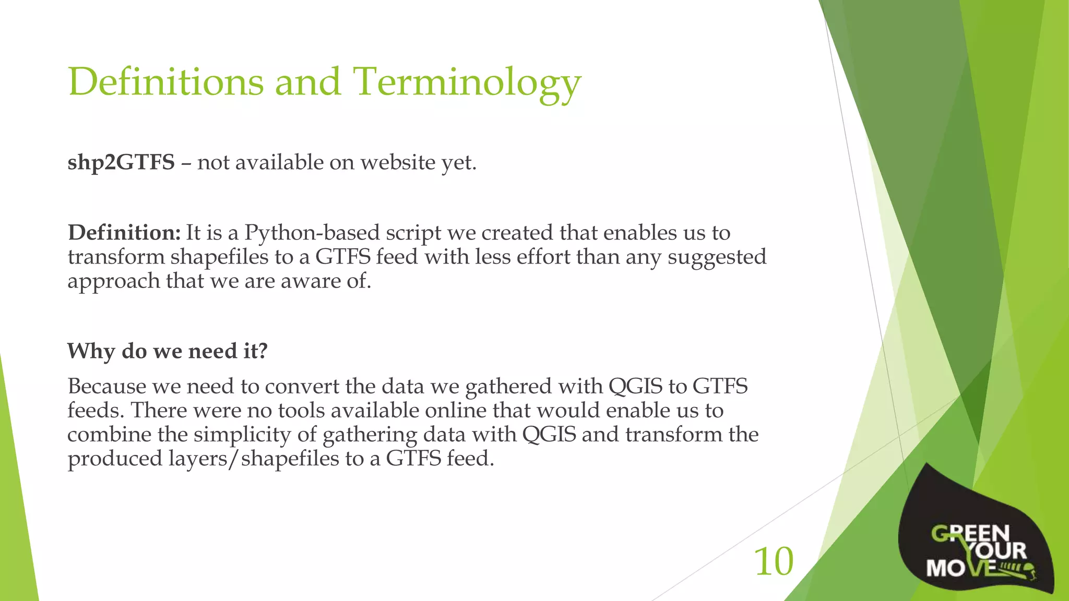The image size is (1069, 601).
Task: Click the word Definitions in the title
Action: click(166, 82)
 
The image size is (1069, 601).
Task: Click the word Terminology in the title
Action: click(467, 82)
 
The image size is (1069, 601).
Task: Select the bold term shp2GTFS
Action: click(121, 162)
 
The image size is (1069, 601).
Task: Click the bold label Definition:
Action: click(124, 233)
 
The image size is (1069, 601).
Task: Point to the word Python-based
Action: click(312, 233)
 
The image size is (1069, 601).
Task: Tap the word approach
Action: click(114, 281)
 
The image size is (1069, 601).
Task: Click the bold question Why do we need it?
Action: click(167, 351)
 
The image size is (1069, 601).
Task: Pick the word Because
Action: click(107, 387)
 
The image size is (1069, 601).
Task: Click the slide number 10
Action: click(774, 562)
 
